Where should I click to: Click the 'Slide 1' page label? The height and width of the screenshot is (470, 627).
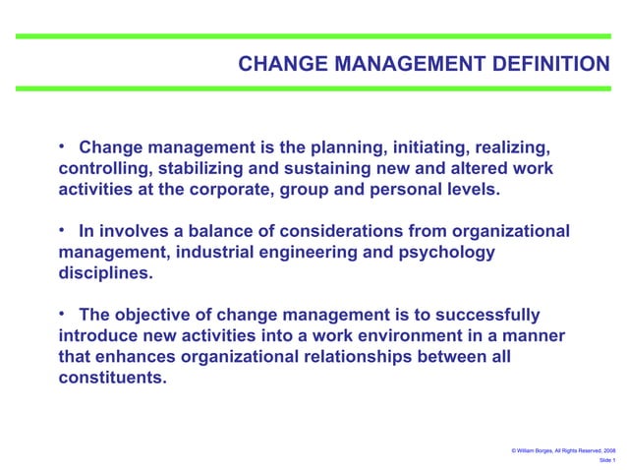(606, 460)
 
